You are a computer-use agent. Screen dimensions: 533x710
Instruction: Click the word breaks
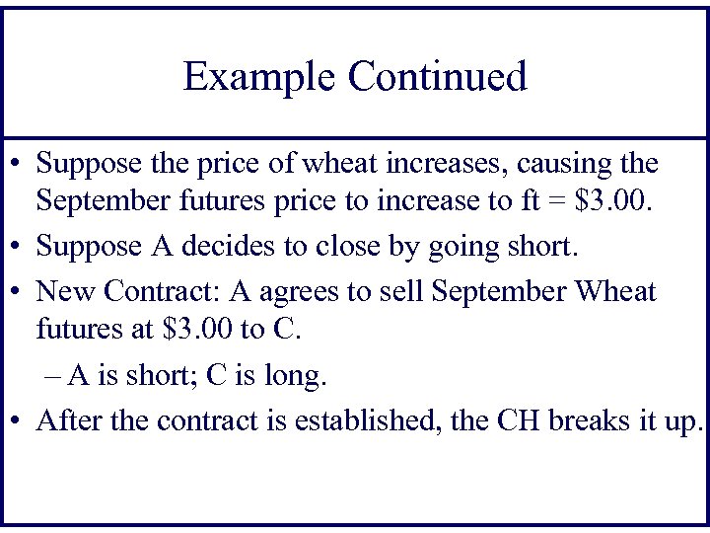[602, 420]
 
